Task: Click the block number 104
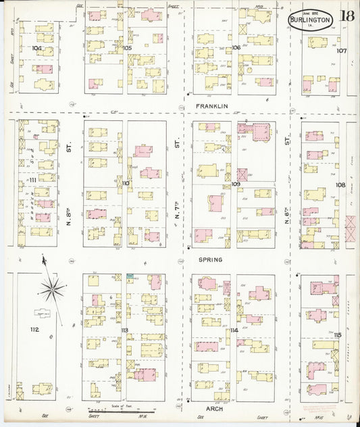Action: (36, 49)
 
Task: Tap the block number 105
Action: (128, 49)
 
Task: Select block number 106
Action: (236, 48)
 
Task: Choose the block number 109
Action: (236, 184)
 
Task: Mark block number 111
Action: (32, 180)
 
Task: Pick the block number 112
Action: (35, 329)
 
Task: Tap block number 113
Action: (126, 330)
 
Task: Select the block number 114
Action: (234, 330)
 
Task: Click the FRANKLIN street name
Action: (211, 107)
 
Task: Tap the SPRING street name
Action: (210, 259)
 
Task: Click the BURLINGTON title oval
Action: (310, 20)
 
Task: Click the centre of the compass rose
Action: (51, 290)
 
